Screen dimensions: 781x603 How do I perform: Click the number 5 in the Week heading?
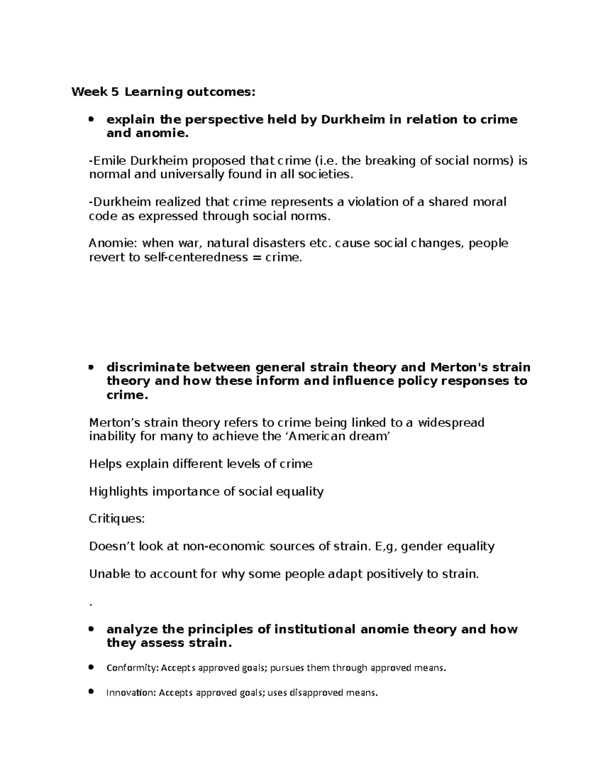pyautogui.click(x=116, y=92)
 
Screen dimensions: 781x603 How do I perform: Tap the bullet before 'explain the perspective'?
pyautogui.click(x=91, y=120)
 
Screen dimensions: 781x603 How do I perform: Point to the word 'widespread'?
pyautogui.click(x=451, y=422)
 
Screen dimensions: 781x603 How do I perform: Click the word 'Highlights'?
pyautogui.click(x=118, y=491)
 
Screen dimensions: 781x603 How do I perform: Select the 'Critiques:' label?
pyautogui.click(x=117, y=519)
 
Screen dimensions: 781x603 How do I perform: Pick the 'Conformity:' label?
pyautogui.click(x=132, y=668)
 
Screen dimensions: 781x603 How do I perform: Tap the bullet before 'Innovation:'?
pyautogui.click(x=91, y=692)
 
